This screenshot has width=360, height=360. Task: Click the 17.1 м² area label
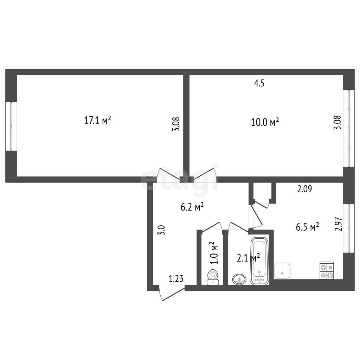(x=98, y=120)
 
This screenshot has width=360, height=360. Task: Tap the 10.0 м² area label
(x=265, y=122)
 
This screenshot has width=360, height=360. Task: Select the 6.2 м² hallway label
(x=192, y=207)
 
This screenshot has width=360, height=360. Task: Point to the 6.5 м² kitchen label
(x=307, y=227)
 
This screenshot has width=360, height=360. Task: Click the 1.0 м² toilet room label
(x=214, y=253)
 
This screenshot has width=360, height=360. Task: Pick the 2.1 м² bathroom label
(x=248, y=258)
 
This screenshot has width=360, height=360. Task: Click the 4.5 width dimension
(x=259, y=83)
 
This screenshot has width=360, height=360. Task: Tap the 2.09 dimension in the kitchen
(x=304, y=189)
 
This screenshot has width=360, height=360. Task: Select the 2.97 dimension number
(x=339, y=224)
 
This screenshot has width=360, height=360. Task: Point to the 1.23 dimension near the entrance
(x=176, y=279)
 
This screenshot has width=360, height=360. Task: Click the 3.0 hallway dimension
(x=161, y=230)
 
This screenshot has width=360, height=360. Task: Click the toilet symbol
(x=213, y=277)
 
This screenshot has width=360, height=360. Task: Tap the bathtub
(x=259, y=261)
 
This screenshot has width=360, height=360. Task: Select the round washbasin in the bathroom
(x=239, y=279)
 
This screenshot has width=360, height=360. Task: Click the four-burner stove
(x=327, y=270)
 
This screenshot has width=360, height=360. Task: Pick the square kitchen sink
(x=282, y=271)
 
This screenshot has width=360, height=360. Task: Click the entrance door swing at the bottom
(x=172, y=292)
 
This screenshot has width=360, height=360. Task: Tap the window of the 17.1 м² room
(x=11, y=126)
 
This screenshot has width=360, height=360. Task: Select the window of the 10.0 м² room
(x=349, y=128)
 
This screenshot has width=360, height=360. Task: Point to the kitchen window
(x=349, y=229)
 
